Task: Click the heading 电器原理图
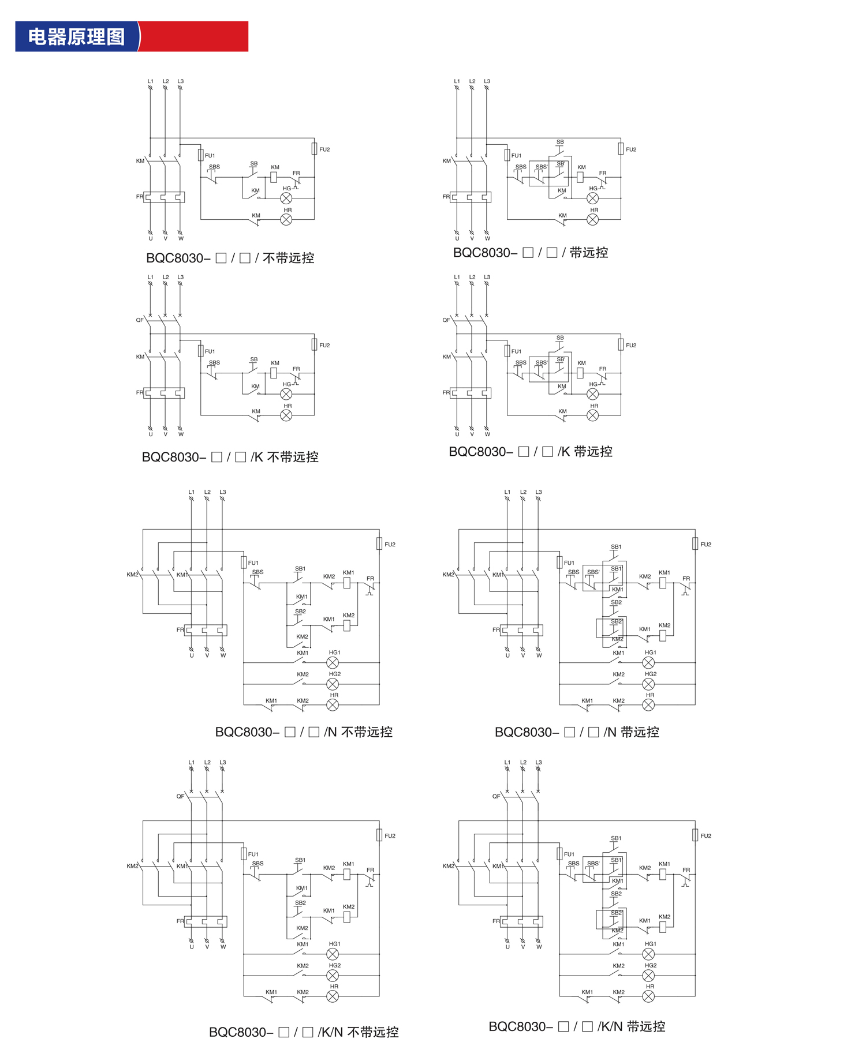76,37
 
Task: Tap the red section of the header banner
194,37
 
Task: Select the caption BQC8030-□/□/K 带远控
530,452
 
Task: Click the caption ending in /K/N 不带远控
304,1032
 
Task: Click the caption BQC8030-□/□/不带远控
230,258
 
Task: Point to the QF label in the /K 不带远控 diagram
140,320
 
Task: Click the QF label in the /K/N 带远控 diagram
496,796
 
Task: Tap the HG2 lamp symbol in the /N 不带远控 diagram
333,684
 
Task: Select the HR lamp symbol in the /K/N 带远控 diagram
648,996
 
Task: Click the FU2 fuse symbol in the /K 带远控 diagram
621,345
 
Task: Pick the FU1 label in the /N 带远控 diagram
569,563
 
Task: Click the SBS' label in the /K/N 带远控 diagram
593,864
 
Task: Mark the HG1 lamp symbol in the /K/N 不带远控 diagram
333,954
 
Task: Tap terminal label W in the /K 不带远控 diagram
181,434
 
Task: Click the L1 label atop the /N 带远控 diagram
507,492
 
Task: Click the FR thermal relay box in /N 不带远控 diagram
206,630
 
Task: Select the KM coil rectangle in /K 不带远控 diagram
274,373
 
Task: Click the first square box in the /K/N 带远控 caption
563,1026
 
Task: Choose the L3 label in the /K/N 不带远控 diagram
222,762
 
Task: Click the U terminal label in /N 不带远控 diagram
192,655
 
